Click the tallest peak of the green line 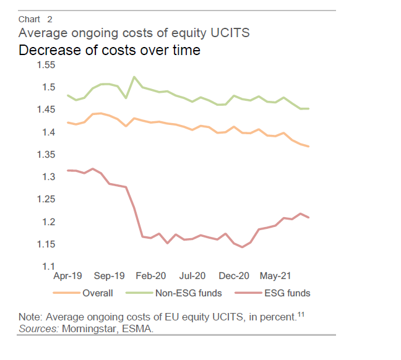click(x=134, y=77)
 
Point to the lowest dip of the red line click(x=243, y=247)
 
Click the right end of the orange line click(x=309, y=147)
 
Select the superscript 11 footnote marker click(x=301, y=315)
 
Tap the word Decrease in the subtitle click(x=46, y=50)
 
